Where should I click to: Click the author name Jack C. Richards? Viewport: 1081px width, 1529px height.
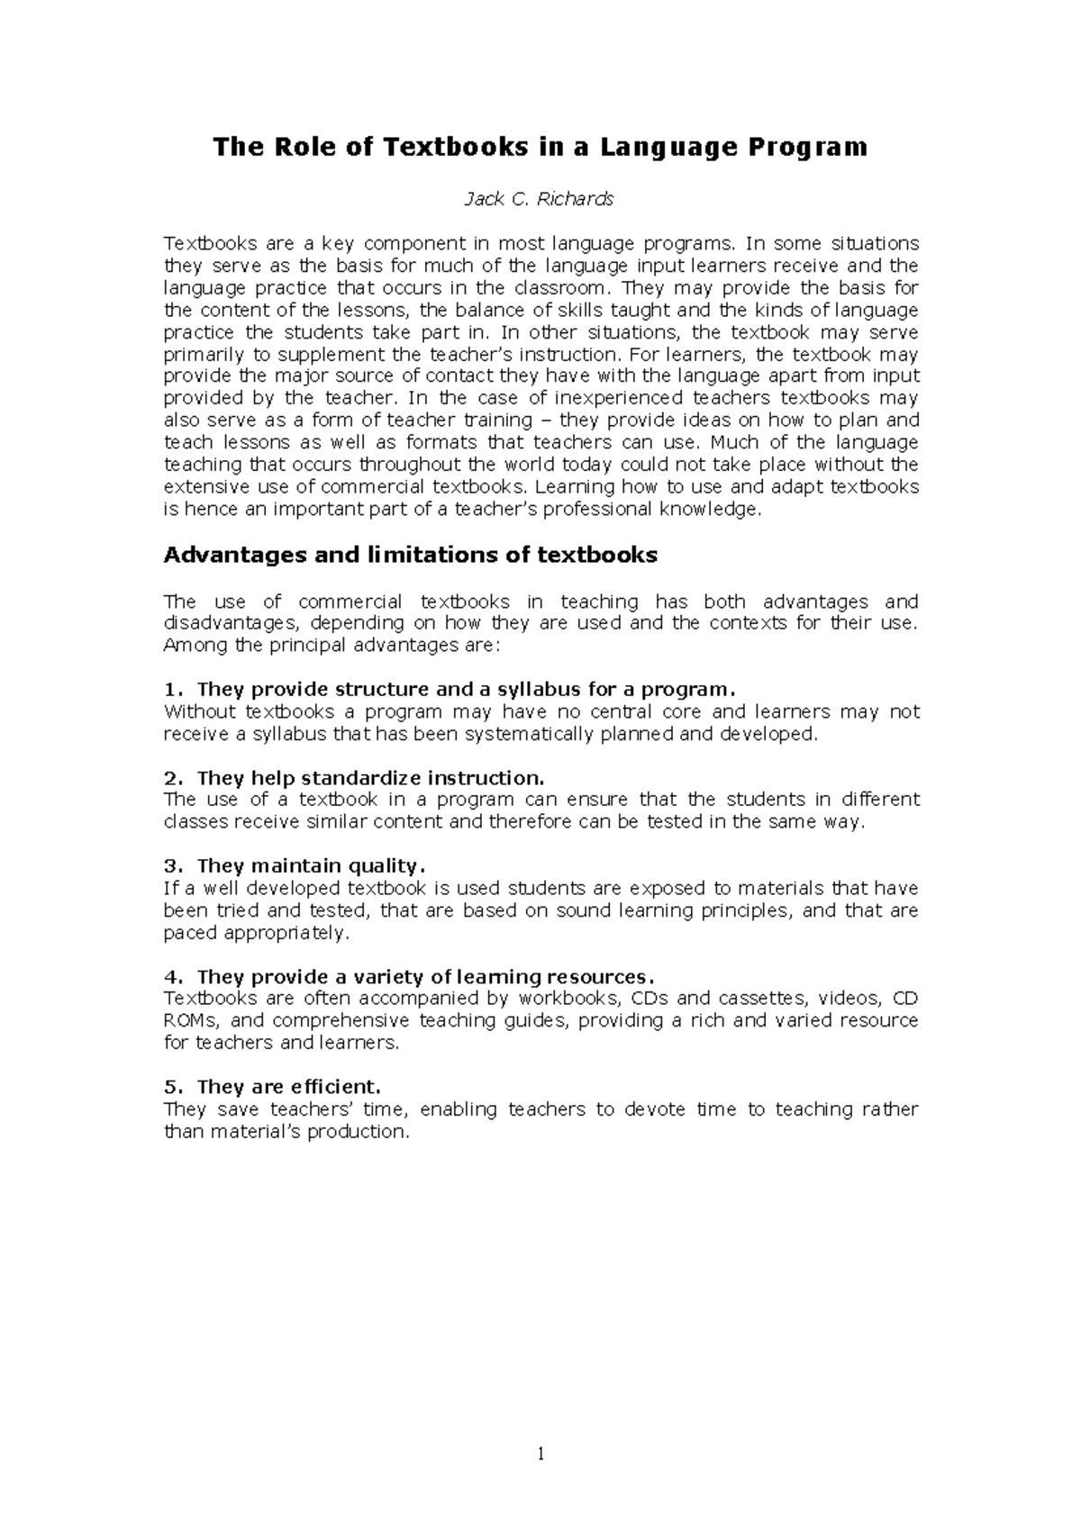click(539, 200)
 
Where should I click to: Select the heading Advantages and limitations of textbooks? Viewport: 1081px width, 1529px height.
click(410, 555)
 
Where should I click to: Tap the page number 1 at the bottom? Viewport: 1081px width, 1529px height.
click(540, 1452)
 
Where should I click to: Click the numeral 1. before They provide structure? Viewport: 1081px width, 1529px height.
click(173, 690)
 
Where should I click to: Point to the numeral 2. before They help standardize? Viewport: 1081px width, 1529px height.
click(174, 778)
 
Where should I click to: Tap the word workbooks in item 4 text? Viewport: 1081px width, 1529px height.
click(569, 999)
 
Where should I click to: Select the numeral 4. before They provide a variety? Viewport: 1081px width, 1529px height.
click(174, 977)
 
